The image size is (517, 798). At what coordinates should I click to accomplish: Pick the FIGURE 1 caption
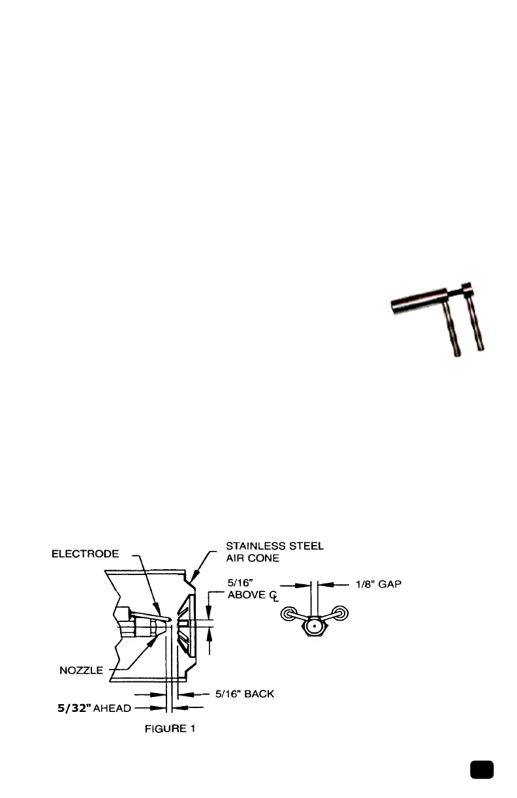(170, 730)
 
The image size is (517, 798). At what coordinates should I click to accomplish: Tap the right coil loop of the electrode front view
(340, 614)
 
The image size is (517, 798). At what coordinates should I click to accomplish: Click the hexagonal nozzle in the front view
(314, 627)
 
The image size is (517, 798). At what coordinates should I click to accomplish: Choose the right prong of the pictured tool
(478, 326)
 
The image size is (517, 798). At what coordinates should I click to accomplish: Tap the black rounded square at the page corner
(482, 769)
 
